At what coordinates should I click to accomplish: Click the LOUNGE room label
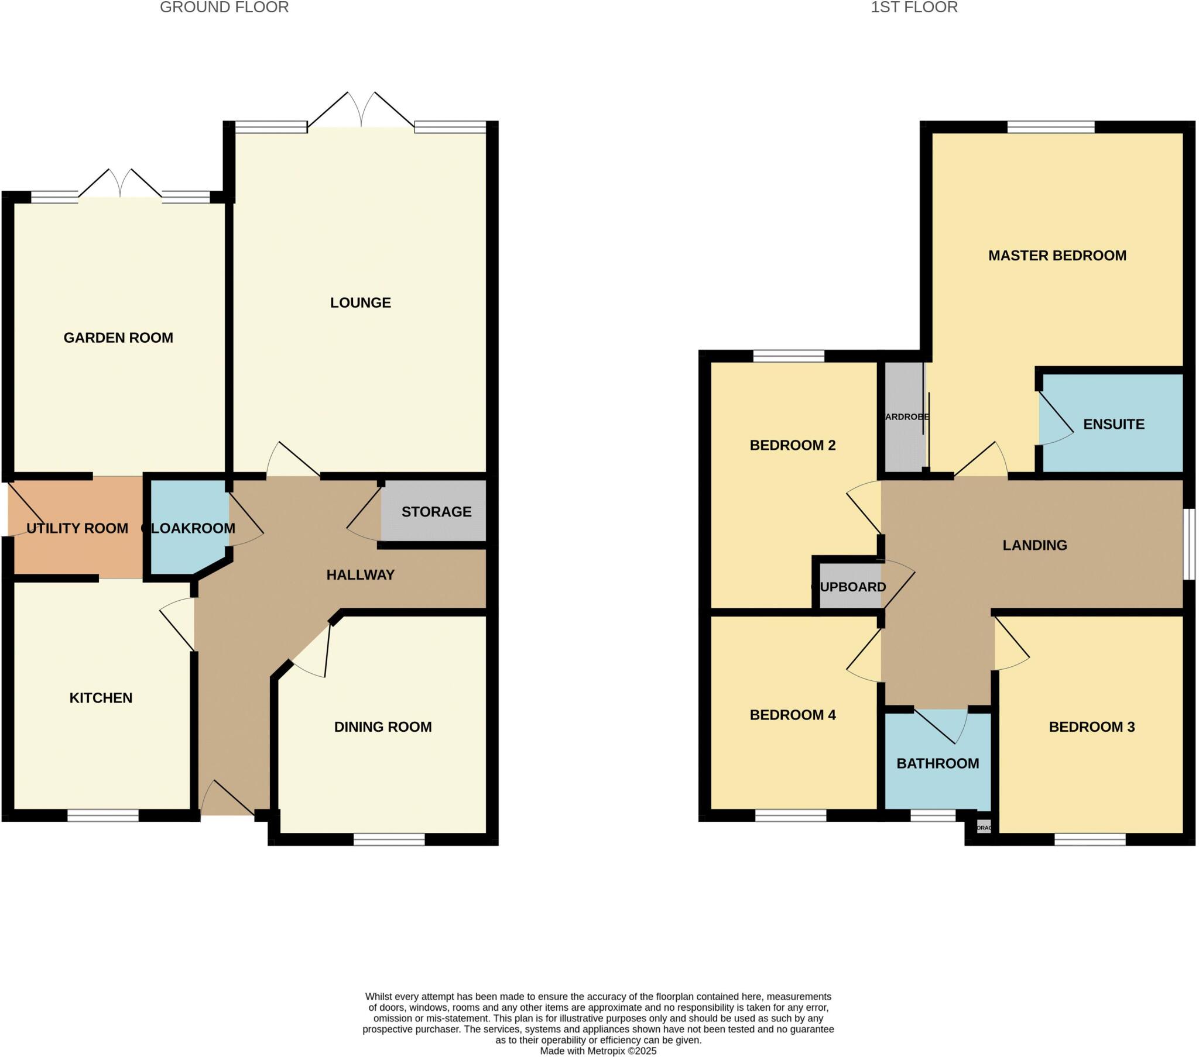[360, 302]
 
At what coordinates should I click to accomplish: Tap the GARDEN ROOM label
[118, 338]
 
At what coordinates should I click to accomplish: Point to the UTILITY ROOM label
[77, 528]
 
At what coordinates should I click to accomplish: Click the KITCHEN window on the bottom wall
[102, 815]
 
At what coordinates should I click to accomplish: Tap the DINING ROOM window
[389, 839]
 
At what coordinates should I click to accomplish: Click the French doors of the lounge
[361, 114]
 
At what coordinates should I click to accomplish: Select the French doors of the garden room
[120, 186]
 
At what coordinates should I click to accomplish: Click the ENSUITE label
[1114, 425]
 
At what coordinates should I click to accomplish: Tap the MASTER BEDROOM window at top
[1051, 127]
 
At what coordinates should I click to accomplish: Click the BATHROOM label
[937, 763]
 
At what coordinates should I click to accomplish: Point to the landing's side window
[1188, 543]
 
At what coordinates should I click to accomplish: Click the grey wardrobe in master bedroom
[904, 417]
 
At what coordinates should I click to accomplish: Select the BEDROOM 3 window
[1090, 839]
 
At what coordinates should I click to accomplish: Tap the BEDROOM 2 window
[789, 356]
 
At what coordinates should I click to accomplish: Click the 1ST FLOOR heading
[914, 8]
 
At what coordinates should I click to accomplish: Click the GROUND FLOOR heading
[224, 8]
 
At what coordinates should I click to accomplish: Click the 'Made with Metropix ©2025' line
[598, 1051]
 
